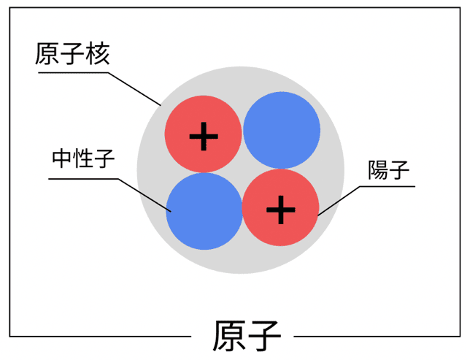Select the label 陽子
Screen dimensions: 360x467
389,171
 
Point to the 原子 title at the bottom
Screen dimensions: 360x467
247,337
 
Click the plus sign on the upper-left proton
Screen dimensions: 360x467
204,135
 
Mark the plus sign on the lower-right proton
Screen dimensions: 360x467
280,211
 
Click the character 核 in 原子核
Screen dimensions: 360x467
97,53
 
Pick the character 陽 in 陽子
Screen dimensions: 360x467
378,171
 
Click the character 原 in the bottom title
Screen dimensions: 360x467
228,337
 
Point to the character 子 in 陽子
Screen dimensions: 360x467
400,171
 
